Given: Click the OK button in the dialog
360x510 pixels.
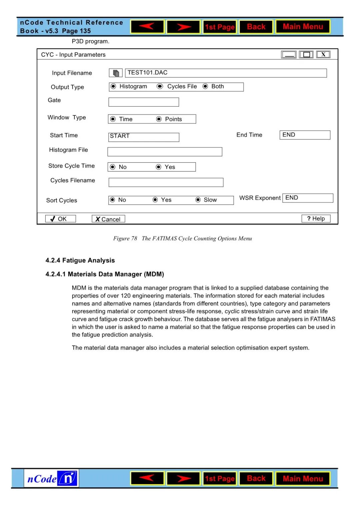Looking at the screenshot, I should pyautogui.click(x=60, y=219).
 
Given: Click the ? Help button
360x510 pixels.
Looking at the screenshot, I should pyautogui.click(x=316, y=218).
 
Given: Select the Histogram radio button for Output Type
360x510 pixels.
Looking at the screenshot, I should pyautogui.click(x=113, y=86).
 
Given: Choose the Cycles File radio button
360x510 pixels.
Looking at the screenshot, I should pyautogui.click(x=160, y=86).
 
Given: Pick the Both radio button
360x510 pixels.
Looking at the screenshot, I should pyautogui.click(x=205, y=86).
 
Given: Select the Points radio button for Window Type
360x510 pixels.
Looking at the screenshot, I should pyautogui.click(x=159, y=119).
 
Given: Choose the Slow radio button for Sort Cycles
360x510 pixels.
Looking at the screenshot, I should pyautogui.click(x=198, y=200).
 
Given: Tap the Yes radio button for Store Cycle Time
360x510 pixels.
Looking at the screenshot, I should pyautogui.click(x=159, y=167).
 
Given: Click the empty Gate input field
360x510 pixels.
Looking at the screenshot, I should pyautogui.click(x=144, y=102).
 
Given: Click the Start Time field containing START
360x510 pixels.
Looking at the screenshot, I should pyautogui.click(x=144, y=137).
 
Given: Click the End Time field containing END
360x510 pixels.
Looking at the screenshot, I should pyautogui.click(x=305, y=135).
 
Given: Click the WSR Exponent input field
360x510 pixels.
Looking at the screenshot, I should pyautogui.click(x=307, y=198).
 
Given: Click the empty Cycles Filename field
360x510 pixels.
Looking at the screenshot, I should pyautogui.click(x=166, y=182).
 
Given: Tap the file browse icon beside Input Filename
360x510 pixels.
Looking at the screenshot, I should pyautogui.click(x=116, y=73).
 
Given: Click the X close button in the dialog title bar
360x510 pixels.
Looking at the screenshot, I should pyautogui.click(x=323, y=54).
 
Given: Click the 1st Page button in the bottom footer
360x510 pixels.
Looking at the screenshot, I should pyautogui.click(x=220, y=479).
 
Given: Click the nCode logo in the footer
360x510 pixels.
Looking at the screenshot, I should pyautogui.click(x=51, y=479).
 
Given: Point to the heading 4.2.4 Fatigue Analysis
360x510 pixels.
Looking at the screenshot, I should pyautogui.click(x=80, y=261).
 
